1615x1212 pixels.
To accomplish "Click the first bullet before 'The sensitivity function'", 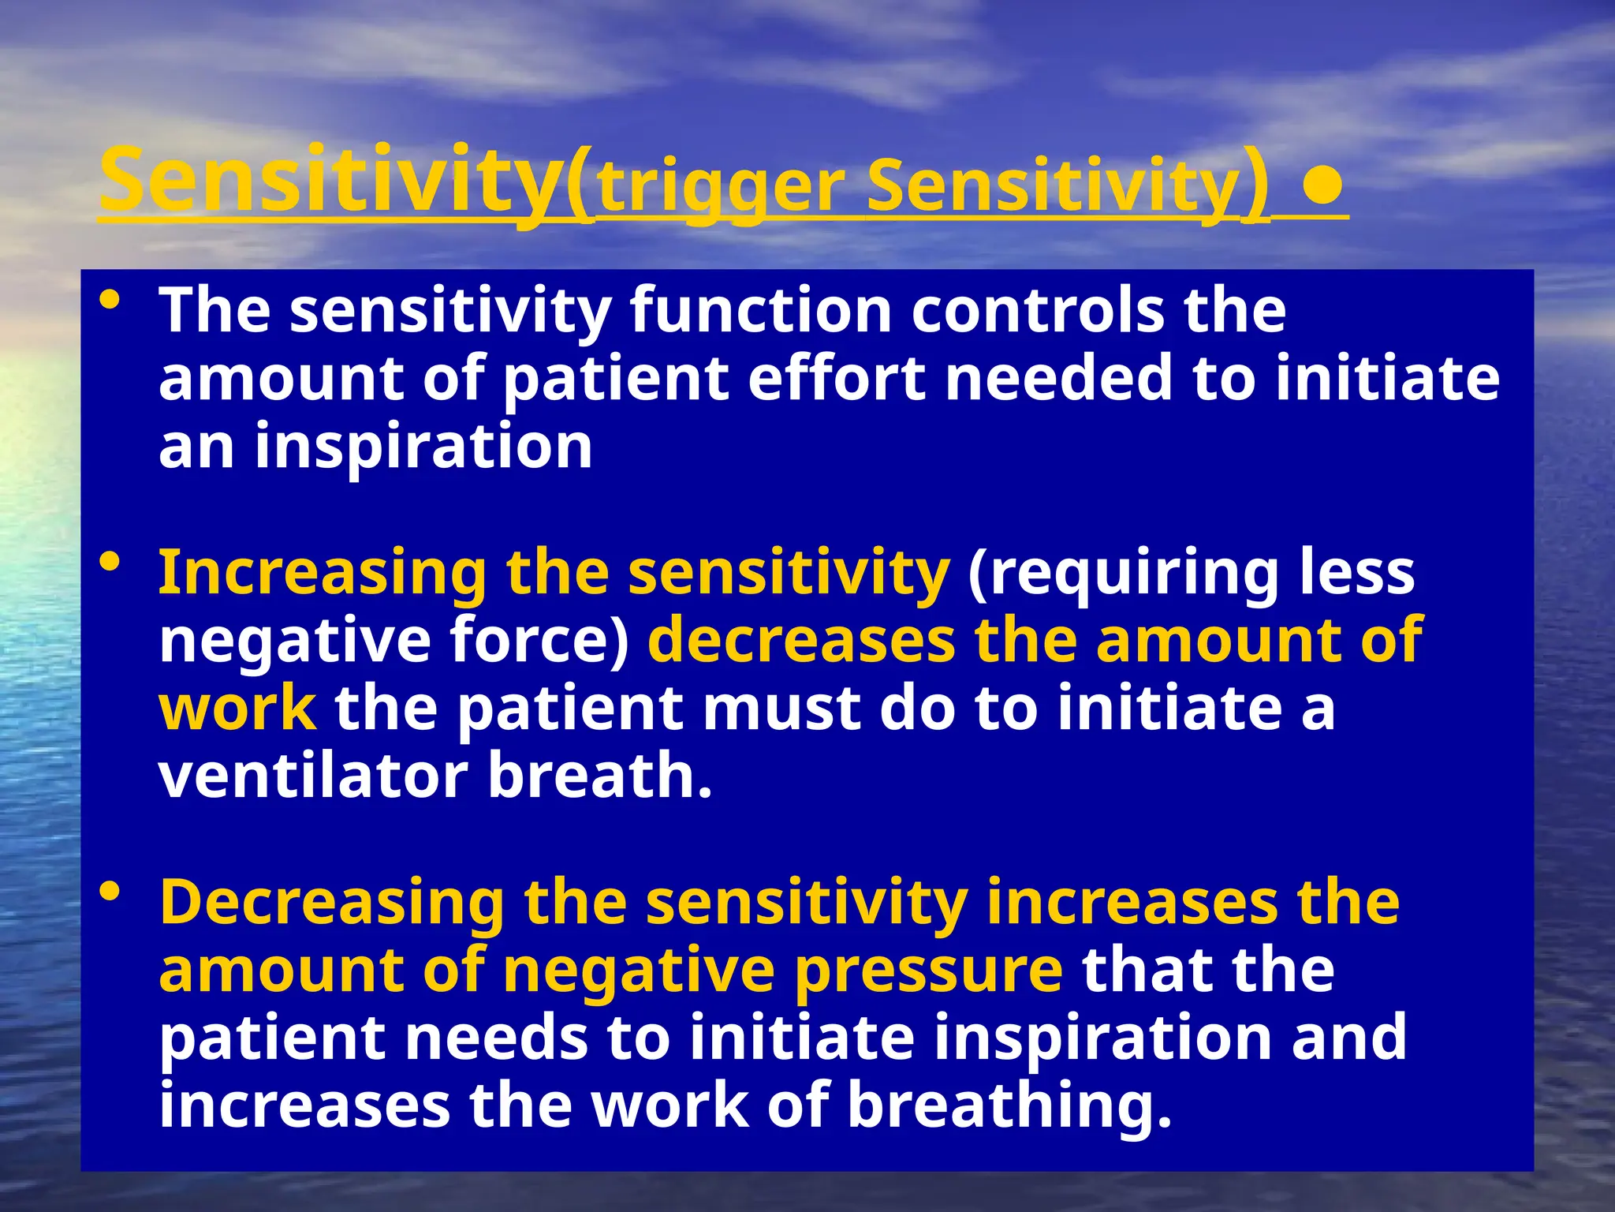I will (110, 301).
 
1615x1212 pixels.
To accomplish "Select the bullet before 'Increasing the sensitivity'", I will (110, 563).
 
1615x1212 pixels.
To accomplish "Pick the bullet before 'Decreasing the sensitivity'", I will (110, 892).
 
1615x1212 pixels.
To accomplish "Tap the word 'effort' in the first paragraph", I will (836, 379).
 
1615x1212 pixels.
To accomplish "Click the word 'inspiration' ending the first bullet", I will (423, 447).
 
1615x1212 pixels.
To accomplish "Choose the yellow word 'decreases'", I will (800, 640).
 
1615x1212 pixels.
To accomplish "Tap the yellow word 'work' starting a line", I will (237, 708).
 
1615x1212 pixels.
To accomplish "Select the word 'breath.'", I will (600, 776).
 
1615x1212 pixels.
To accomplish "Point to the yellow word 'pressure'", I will (928, 970).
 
